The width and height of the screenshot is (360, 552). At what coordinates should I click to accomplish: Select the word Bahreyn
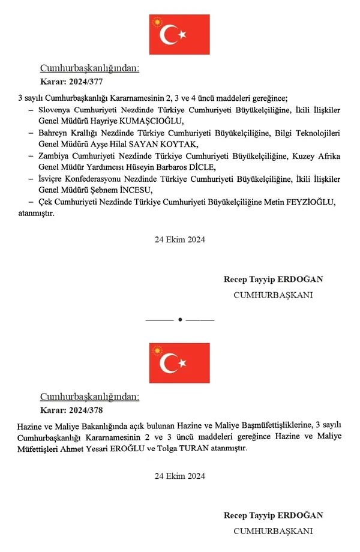point(53,133)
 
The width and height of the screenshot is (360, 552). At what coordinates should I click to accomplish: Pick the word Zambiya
point(54,156)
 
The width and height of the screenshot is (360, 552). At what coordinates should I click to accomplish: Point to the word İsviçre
point(52,179)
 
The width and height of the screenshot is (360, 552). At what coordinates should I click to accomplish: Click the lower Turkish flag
point(179,363)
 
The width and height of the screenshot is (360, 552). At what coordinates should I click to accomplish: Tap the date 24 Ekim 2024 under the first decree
point(180,239)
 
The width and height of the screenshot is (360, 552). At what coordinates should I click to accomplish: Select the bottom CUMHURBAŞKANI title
point(273,531)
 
